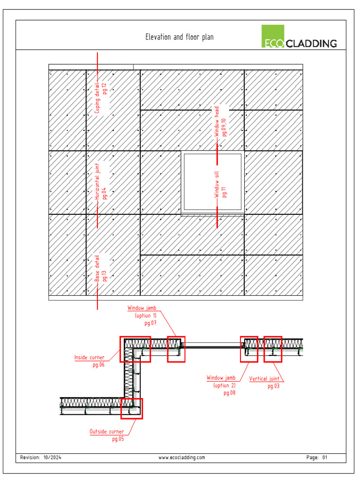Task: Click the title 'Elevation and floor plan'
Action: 179,37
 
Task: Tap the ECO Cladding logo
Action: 299,37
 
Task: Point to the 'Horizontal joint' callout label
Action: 97,182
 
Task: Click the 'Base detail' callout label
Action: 97,268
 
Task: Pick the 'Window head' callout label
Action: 217,121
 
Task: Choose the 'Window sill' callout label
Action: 217,184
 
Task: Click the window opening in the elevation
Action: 213,182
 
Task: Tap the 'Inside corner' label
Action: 89,358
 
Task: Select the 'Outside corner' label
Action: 107,431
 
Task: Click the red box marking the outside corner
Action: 131,408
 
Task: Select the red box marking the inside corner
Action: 135,349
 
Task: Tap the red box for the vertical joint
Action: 273,349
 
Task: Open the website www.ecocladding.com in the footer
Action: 182,457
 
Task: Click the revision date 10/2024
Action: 52,457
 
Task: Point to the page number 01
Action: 324,457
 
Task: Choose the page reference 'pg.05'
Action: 118,439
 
